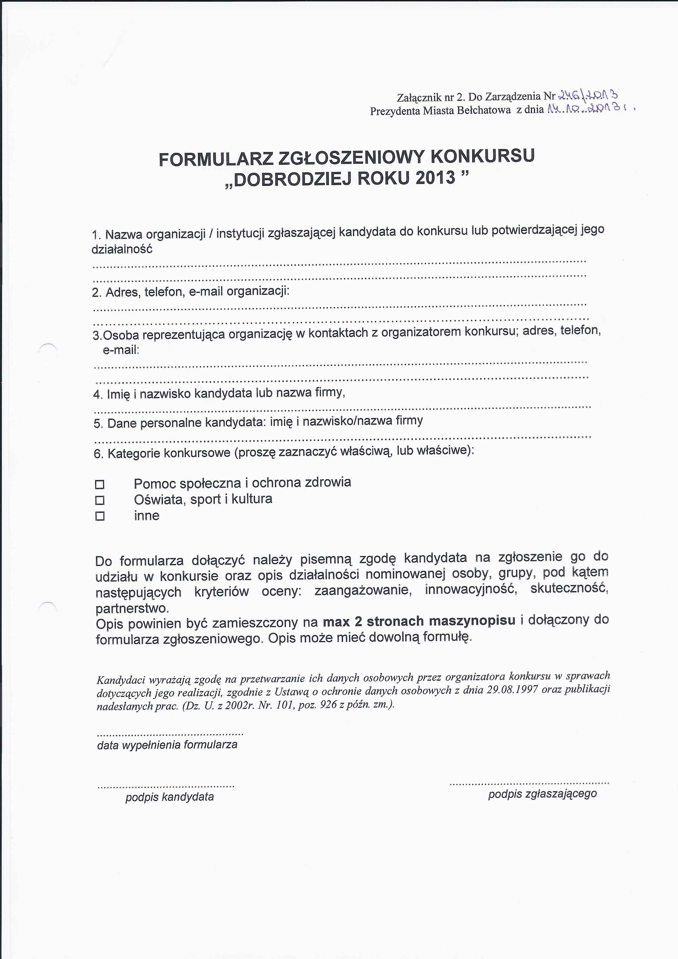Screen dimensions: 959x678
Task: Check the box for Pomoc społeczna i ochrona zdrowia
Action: (100, 484)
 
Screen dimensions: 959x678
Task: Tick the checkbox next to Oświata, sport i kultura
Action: (100, 500)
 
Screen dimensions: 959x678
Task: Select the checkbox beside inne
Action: (100, 516)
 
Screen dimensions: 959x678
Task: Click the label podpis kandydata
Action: (169, 797)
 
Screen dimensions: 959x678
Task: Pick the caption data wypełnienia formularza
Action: (167, 745)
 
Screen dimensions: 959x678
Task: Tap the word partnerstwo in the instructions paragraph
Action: (131, 608)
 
